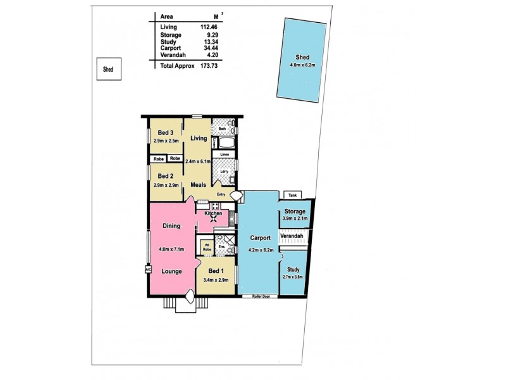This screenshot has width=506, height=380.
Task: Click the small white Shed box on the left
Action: pyautogui.click(x=109, y=70)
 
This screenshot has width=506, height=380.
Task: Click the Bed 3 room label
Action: pyautogui.click(x=166, y=132)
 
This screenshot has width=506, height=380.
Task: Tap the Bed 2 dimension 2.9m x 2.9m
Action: pyautogui.click(x=166, y=185)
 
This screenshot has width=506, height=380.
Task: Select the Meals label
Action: pyautogui.click(x=200, y=185)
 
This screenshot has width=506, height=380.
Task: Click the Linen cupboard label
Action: pyautogui.click(x=225, y=154)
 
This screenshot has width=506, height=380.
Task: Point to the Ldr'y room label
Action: pyautogui.click(x=224, y=172)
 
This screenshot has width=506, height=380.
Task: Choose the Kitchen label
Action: pyautogui.click(x=213, y=214)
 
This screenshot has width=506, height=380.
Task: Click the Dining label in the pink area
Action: pyautogui.click(x=171, y=226)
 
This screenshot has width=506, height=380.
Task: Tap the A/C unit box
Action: pyautogui.click(x=148, y=269)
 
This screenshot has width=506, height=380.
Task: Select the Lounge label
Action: pyautogui.click(x=171, y=271)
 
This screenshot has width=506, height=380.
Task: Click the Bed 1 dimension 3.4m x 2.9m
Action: pyautogui.click(x=215, y=280)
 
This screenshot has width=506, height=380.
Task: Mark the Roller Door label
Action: pyautogui.click(x=260, y=296)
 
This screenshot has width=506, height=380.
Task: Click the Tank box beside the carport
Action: pyautogui.click(x=292, y=195)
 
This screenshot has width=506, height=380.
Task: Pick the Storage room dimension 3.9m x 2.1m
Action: pyautogui.click(x=295, y=218)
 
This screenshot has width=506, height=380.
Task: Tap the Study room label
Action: pyautogui.click(x=293, y=270)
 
